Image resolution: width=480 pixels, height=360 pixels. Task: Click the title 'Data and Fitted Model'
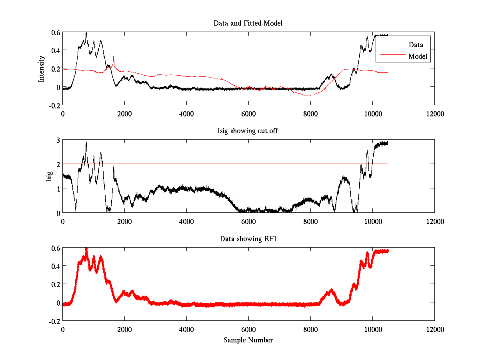248,23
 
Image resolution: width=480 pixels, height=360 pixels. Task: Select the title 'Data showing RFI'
248,239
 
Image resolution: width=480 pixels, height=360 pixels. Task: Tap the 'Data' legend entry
416,45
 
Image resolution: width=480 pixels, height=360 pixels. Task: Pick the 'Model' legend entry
418,56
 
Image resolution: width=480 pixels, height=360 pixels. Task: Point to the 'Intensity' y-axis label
42,69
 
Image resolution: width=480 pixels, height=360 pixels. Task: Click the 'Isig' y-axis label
49,176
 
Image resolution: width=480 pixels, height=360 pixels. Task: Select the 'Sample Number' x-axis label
248,340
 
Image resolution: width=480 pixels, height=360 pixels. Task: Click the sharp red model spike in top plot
114,58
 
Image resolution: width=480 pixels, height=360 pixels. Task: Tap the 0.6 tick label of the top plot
55,32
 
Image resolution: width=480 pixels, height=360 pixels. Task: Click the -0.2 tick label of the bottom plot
54,321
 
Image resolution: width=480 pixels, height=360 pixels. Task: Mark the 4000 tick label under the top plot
186,114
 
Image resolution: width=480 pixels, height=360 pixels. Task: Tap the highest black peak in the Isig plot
86,143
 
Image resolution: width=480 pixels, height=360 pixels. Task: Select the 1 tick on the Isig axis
58,188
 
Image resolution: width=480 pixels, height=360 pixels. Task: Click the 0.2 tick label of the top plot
55,69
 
